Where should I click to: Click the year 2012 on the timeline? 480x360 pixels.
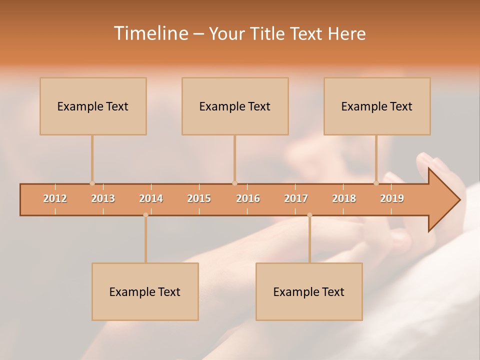pos(55,198)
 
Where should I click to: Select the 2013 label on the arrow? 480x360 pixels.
pos(103,198)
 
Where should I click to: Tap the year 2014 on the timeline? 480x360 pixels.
pos(151,198)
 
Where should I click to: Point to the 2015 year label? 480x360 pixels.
pos(199,198)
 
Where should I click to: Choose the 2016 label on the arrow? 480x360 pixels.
pos(248,198)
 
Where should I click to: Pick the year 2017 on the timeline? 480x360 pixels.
pos(296,198)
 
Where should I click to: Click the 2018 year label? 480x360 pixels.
pos(344,198)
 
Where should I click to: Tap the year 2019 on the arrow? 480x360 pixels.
pos(392,198)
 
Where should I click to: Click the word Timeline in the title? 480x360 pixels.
pos(150,33)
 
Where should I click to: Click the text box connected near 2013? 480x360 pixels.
pos(93,106)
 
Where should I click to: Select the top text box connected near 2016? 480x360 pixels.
pos(235,106)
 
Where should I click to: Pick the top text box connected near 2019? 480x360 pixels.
pos(377,106)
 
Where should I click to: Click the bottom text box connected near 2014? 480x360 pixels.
pos(145,291)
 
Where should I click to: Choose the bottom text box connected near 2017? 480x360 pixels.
pos(309,291)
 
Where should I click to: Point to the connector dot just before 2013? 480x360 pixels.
pos(92,183)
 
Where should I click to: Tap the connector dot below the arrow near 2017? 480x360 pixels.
pos(309,215)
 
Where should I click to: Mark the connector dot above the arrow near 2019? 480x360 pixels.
pos(376,183)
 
